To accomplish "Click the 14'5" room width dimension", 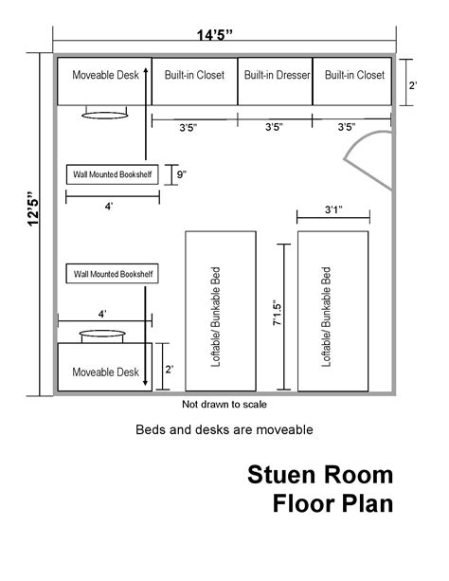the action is (214, 36).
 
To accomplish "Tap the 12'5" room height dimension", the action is (33, 209).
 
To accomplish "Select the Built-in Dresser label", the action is (278, 75).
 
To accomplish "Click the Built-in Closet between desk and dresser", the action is (194, 75).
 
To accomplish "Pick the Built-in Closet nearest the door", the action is (354, 75).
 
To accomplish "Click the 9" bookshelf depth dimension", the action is (181, 174).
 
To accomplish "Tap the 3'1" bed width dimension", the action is (333, 209).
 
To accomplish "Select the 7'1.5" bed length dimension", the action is (278, 313).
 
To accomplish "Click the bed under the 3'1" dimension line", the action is (333, 311).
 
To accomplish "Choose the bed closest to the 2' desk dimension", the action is (221, 311).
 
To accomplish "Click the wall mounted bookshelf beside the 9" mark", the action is (112, 174).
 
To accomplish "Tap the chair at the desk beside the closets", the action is (105, 113).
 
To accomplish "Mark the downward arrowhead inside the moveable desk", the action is (145, 382).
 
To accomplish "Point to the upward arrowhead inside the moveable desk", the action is (146, 72).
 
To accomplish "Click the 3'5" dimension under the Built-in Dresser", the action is (274, 127).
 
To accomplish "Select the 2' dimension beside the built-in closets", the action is (413, 85).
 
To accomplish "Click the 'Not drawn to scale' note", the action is (224, 405).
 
